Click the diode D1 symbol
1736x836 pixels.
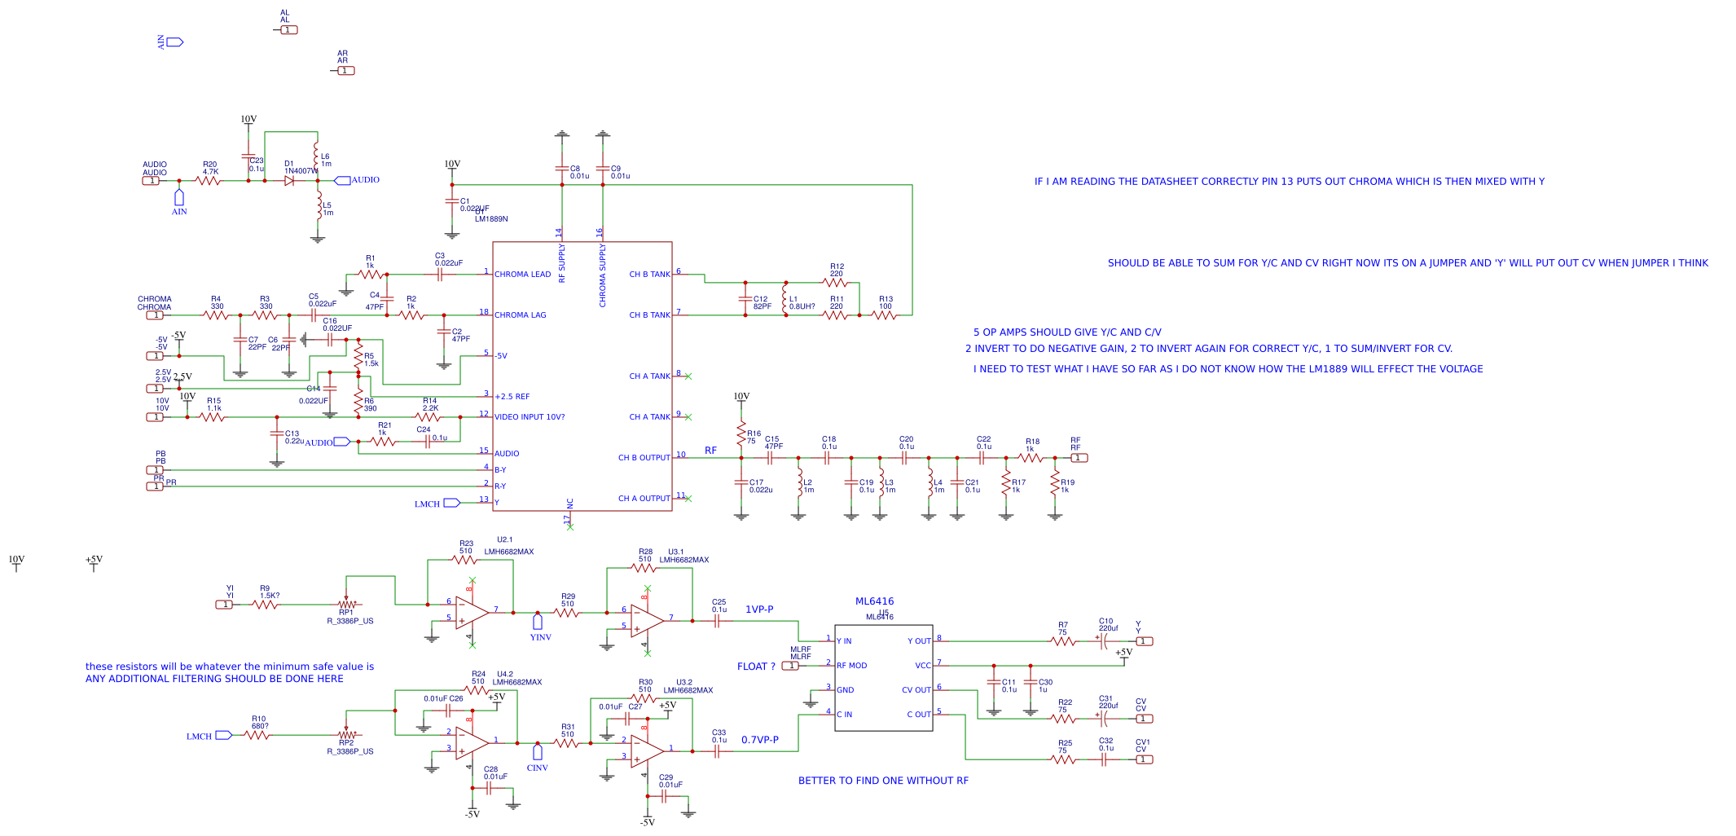tap(289, 181)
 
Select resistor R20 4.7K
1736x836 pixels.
tap(209, 181)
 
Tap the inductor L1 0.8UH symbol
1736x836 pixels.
tap(785, 299)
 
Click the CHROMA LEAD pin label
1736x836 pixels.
tap(522, 275)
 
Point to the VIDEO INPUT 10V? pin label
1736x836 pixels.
tap(530, 417)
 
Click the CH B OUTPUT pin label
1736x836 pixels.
tap(644, 458)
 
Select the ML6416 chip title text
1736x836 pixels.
tap(874, 601)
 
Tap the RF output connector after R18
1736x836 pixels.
tap(1079, 458)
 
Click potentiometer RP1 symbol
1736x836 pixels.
tap(347, 605)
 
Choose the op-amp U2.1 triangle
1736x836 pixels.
tap(472, 612)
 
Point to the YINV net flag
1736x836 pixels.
tap(538, 622)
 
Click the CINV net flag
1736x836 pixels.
tap(538, 752)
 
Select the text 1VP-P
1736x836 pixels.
tap(759, 609)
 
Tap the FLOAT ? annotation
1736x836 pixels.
tap(756, 667)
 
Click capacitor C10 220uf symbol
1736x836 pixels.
tap(1104, 641)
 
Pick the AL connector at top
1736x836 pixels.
tap(288, 30)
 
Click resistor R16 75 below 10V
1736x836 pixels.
tap(741, 433)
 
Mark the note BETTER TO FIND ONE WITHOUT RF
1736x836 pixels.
tap(883, 781)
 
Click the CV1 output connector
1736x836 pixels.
tap(1144, 759)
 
